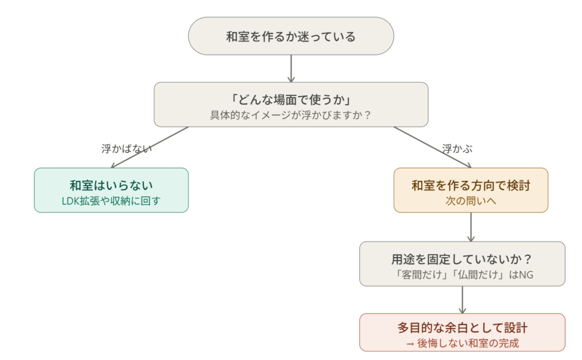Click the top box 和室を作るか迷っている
tap(290, 36)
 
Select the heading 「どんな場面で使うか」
tap(290, 98)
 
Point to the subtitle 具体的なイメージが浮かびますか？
tap(290, 114)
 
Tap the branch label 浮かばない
tap(126, 149)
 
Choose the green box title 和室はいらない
tap(111, 185)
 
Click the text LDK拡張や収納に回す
tap(111, 201)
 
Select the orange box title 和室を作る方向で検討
tap(471, 185)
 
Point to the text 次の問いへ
tap(471, 201)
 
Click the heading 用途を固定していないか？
tap(462, 259)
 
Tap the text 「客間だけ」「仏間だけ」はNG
tap(463, 275)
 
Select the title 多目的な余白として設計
tap(462, 328)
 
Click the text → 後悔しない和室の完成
tap(462, 343)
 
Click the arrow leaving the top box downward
tap(290, 68)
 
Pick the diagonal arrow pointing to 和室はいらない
tap(149, 147)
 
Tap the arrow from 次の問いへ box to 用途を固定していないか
tap(471, 227)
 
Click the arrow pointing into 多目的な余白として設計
tap(462, 299)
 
